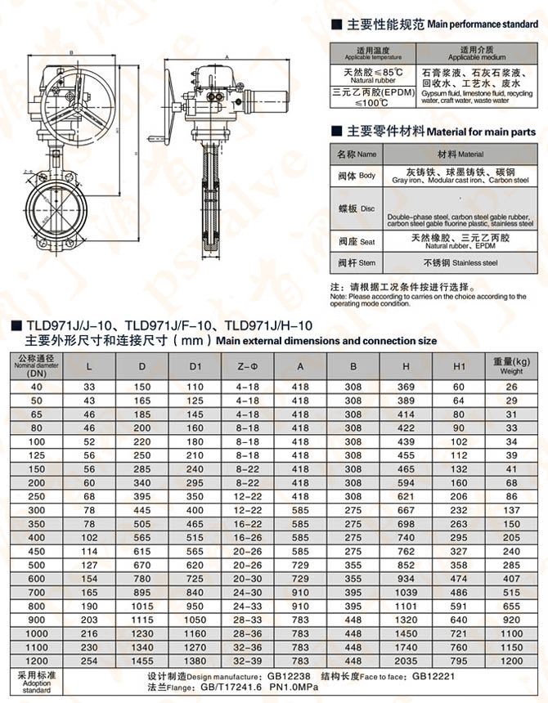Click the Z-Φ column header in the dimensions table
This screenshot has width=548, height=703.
tap(247, 365)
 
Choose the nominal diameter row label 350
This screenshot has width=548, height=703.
tap(37, 523)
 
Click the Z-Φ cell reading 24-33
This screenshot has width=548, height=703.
tap(247, 607)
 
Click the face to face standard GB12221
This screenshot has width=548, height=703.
tap(433, 678)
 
